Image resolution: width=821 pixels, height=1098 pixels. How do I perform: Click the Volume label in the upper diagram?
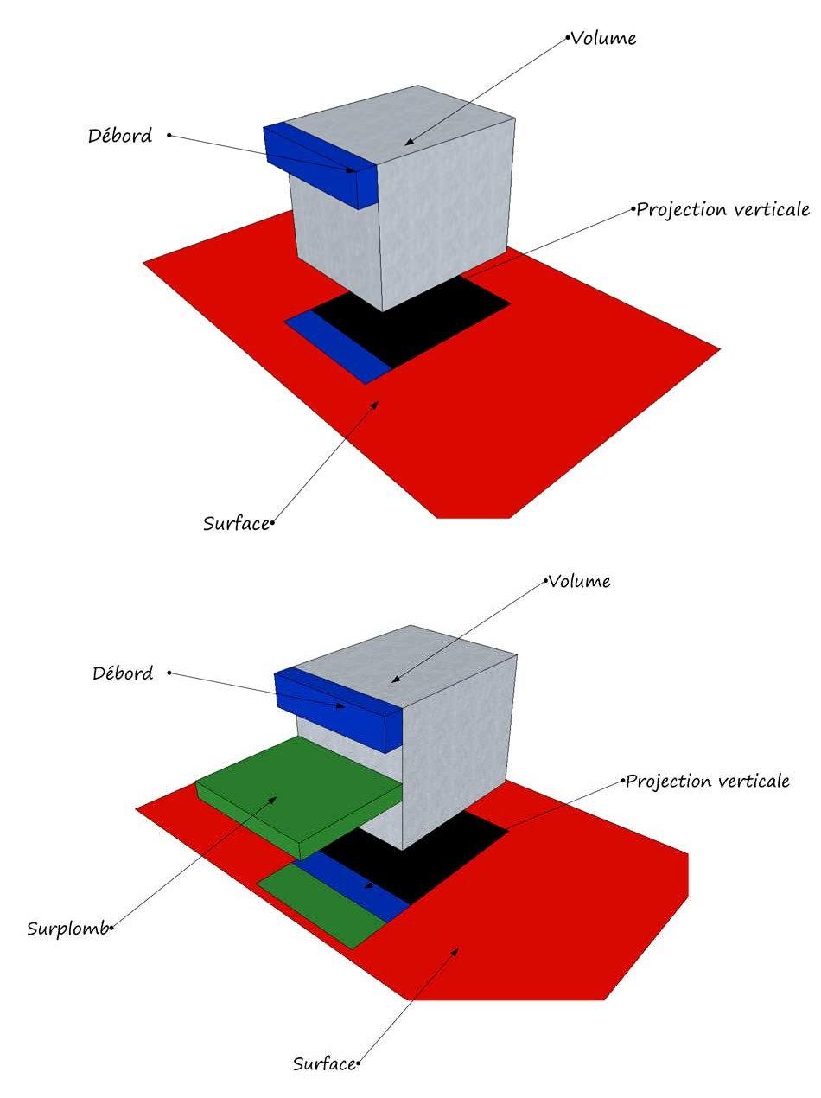603,39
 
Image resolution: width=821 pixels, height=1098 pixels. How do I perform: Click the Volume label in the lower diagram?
579,581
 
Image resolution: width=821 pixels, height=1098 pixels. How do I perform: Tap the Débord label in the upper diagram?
120,136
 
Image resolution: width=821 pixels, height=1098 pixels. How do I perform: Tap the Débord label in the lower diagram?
123,673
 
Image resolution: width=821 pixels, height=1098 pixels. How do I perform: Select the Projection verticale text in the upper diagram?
722,209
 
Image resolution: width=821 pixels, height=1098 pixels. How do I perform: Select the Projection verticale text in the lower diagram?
708,781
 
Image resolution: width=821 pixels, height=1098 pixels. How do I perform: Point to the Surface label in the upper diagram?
236,524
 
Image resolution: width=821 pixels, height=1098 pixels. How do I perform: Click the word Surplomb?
68,929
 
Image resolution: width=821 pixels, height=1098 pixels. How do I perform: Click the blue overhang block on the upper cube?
320,165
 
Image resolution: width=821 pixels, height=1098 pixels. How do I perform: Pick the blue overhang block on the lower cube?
340,708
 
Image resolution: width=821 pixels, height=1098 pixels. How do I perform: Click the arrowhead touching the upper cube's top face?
409,142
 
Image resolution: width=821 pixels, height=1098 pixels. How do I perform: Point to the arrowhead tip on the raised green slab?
277,796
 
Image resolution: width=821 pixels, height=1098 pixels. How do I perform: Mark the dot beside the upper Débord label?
169,135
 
